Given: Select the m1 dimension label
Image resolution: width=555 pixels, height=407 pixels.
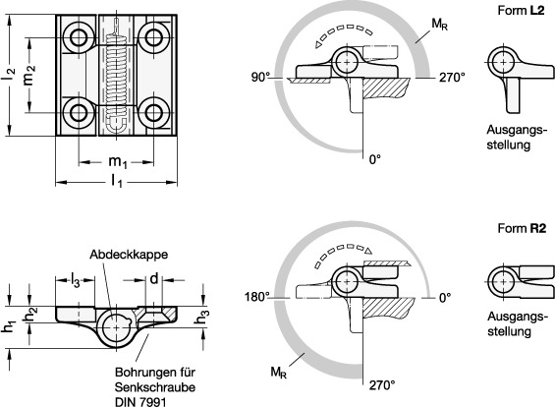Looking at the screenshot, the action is pos(118,162).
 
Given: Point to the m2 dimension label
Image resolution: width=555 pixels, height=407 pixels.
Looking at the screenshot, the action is pos(29,75).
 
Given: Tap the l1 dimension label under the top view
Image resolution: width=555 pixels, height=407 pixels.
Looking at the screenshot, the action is pos(117,182).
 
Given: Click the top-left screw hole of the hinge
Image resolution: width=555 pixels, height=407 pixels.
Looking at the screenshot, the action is pos(79,37).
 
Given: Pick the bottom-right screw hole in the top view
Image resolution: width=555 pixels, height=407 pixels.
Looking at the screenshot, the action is pos(153,113).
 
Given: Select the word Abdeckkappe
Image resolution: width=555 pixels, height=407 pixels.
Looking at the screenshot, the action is pos(129,255).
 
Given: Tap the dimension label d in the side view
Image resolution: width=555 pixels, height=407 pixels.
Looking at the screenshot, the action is pos(154,279).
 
